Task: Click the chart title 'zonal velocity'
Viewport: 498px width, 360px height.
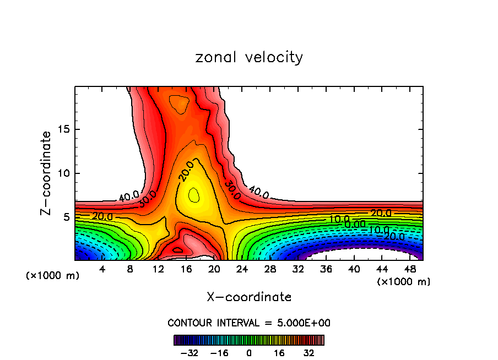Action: (249, 57)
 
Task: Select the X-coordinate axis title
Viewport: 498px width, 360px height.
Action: (249, 297)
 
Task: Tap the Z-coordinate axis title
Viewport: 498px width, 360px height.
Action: (47, 173)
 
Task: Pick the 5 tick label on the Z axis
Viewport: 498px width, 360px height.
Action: (66, 217)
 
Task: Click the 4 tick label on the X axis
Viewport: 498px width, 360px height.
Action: (102, 269)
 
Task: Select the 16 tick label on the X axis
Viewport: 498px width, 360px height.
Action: (186, 269)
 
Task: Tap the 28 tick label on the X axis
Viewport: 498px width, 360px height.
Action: (270, 269)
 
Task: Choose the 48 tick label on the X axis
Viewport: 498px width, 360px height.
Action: (410, 269)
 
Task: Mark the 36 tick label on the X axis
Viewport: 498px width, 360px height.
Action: (326, 269)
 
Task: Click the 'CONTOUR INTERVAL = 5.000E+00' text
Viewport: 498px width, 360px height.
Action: (249, 323)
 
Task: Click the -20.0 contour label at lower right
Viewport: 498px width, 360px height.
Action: (394, 236)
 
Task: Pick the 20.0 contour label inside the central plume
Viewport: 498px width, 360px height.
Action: (186, 172)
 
